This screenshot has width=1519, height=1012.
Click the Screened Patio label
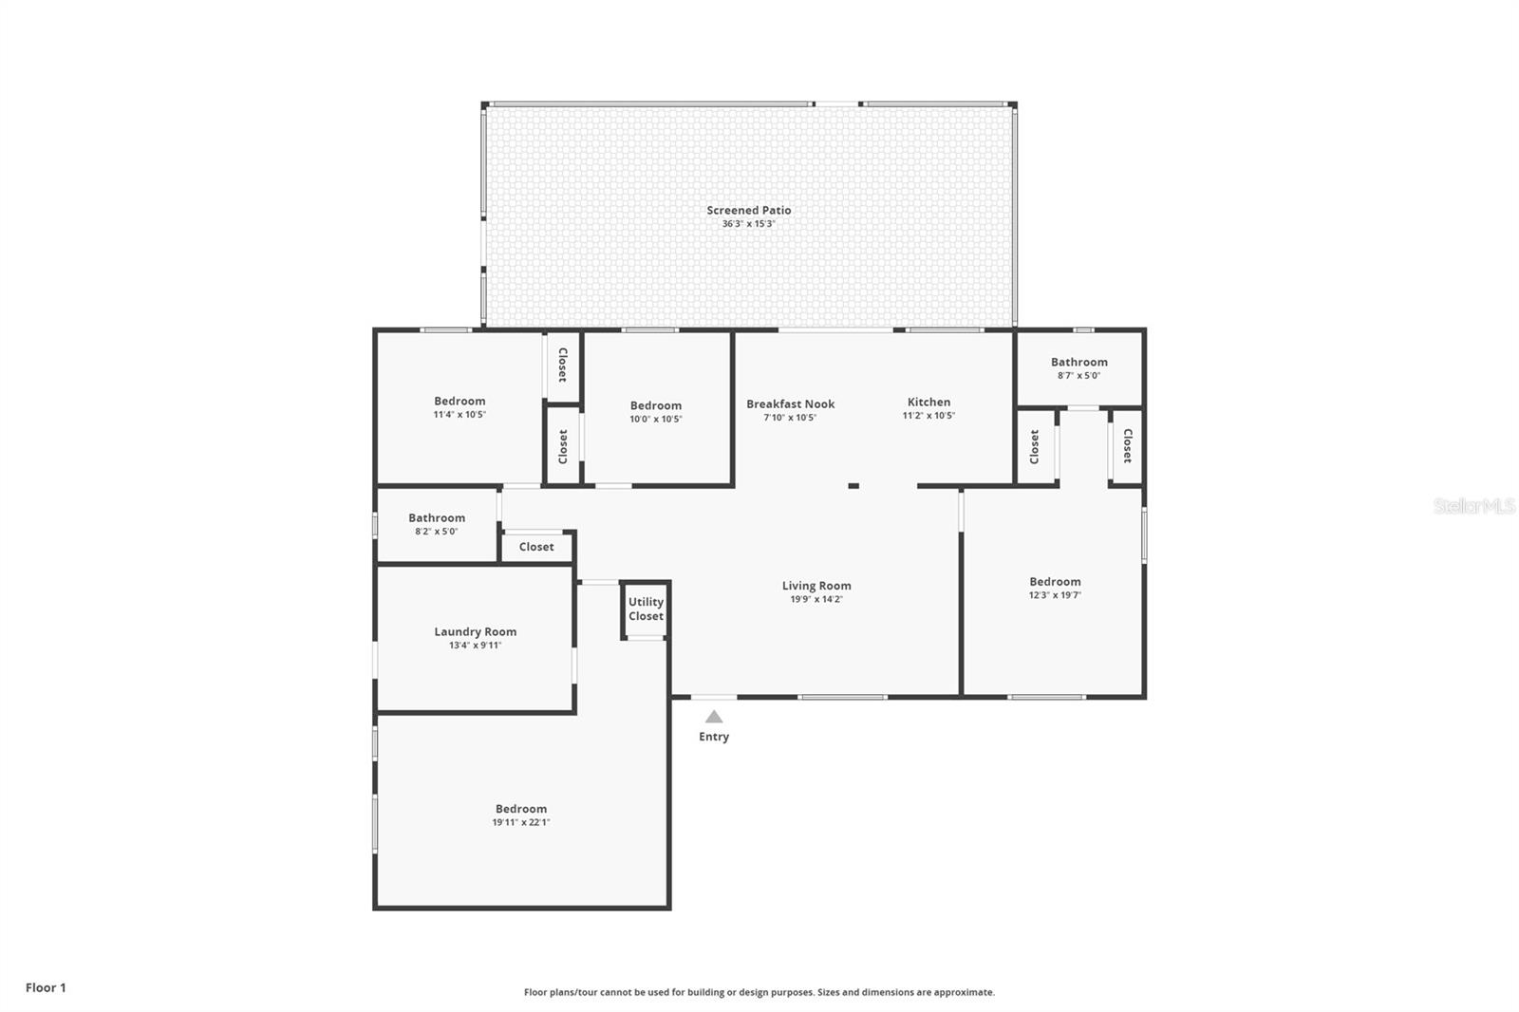(749, 210)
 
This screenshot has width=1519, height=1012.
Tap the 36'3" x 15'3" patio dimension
(749, 224)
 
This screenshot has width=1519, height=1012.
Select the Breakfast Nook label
(790, 403)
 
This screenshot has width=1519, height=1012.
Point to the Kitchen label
(929, 402)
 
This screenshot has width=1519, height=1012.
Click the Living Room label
(816, 586)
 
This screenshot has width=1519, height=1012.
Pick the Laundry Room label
(476, 631)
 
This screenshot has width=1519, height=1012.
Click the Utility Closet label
(646, 609)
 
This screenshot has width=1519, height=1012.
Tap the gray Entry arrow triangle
(714, 716)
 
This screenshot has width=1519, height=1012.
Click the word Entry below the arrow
(714, 737)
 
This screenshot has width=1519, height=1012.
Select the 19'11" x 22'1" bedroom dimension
(521, 822)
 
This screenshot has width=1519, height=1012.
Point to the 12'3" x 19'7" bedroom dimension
(1055, 595)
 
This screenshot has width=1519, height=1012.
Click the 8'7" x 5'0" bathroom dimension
(1078, 375)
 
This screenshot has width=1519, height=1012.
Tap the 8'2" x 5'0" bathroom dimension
(437, 531)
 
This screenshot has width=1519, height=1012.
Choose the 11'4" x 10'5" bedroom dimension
(459, 415)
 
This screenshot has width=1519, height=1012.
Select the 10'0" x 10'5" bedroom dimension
(656, 419)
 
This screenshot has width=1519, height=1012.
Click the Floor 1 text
(47, 987)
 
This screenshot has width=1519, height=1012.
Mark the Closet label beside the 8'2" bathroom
(536, 547)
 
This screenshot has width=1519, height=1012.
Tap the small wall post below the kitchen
(853, 486)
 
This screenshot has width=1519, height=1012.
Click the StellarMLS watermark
(1473, 505)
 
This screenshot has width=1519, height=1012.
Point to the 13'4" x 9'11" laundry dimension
(476, 645)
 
